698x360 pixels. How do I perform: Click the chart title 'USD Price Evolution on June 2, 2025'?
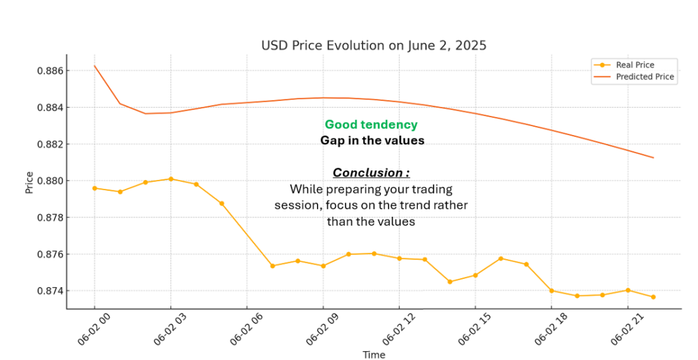click(374, 46)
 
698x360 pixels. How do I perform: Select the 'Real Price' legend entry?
click(635, 65)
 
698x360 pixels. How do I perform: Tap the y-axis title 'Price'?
click(29, 182)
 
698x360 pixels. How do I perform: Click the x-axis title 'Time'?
click(374, 355)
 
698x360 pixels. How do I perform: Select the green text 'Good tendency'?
click(371, 125)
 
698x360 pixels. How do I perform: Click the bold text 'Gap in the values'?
click(372, 140)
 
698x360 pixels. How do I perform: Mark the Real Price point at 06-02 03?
click(170, 179)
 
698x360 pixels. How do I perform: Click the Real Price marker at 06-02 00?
click(95, 188)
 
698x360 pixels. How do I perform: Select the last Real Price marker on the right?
click(653, 297)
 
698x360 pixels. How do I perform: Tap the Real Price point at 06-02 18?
click(551, 290)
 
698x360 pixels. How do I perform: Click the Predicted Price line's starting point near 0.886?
click(95, 66)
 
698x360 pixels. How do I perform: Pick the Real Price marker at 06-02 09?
click(323, 266)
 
